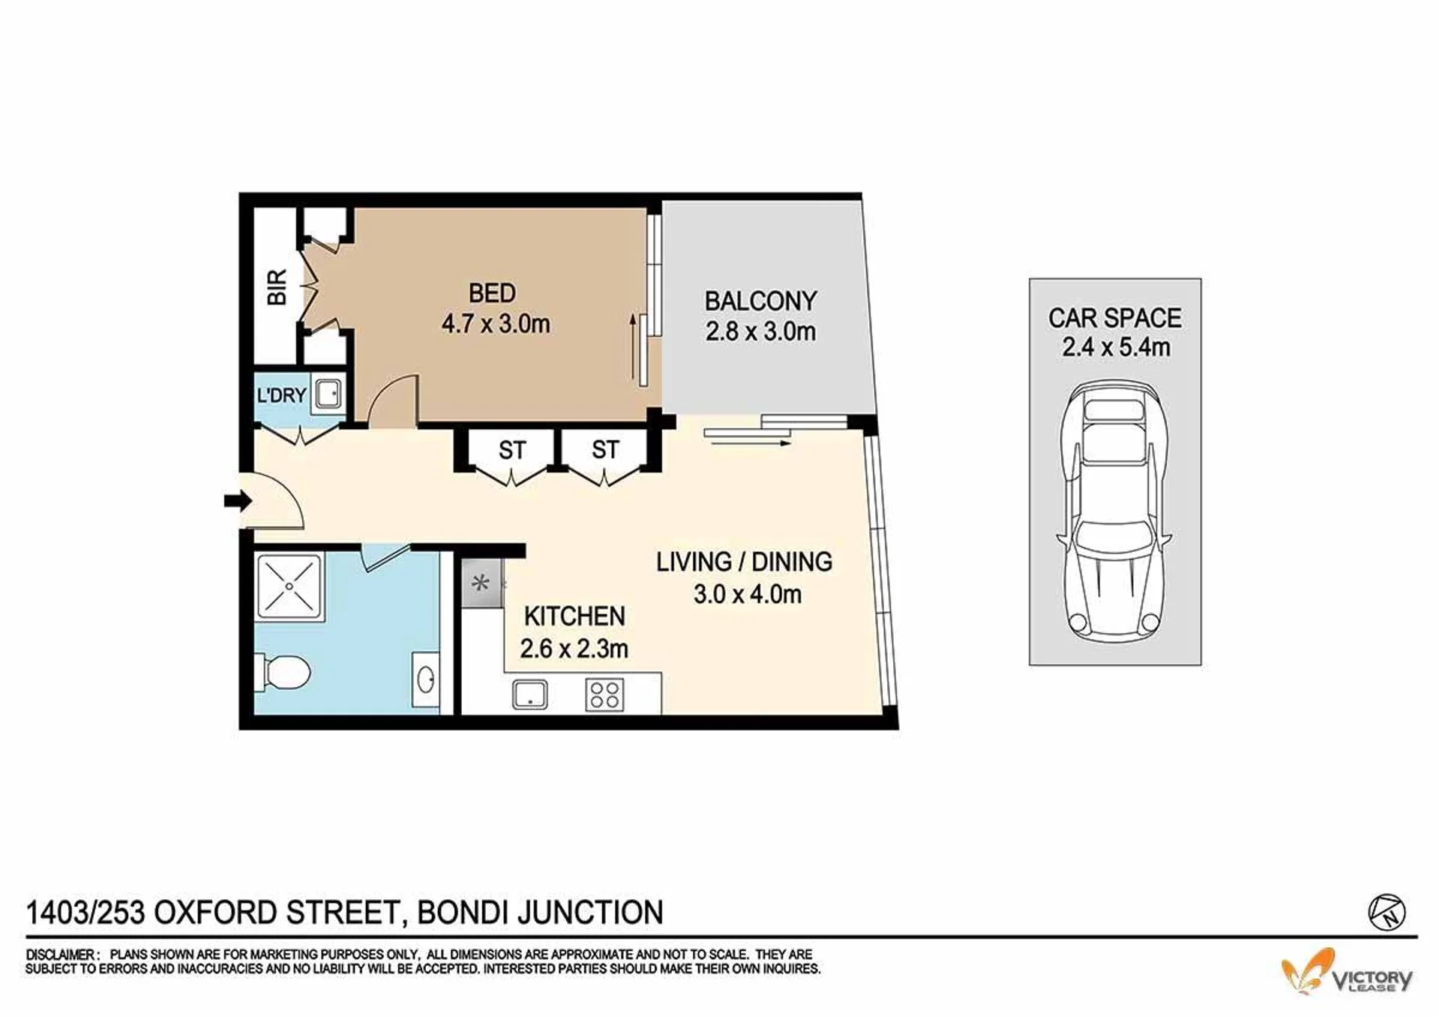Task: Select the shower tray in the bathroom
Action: (x=289, y=586)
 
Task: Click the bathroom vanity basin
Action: (x=425, y=680)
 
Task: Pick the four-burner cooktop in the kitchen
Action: (x=604, y=694)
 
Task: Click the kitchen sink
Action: (x=530, y=694)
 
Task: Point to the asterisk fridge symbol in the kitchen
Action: (x=481, y=582)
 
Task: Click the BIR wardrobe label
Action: (x=277, y=287)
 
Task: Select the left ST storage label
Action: (x=512, y=450)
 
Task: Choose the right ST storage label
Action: (x=605, y=449)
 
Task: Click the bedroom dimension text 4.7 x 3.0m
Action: (x=496, y=324)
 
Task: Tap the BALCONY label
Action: (x=760, y=301)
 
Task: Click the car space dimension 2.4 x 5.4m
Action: (x=1116, y=347)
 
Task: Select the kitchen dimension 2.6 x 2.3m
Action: (x=574, y=648)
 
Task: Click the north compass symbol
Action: (x=1387, y=913)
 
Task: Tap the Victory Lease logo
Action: (x=1347, y=972)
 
